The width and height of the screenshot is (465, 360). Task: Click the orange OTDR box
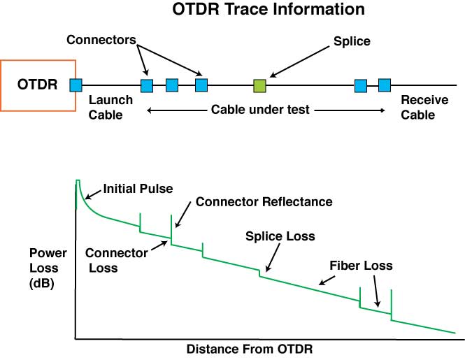tap(38, 85)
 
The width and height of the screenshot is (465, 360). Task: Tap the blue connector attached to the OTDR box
tap(76, 85)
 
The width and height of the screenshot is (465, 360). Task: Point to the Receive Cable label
tap(424, 108)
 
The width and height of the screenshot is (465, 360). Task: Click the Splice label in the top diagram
tap(352, 41)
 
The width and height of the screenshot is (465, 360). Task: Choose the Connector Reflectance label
tap(264, 202)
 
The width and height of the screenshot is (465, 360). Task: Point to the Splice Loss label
tap(279, 236)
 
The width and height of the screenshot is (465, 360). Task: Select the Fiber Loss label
tap(362, 266)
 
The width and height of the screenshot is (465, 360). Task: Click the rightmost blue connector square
tap(384, 85)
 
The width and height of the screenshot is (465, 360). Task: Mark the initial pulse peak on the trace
tap(78, 182)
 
